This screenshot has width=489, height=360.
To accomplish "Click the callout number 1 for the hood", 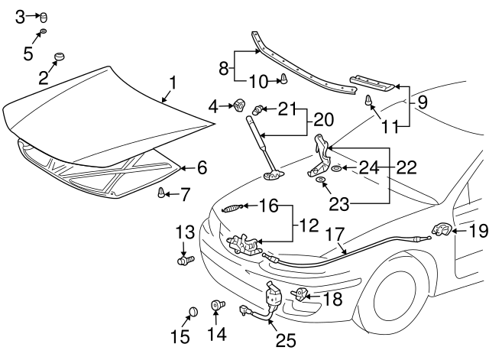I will (172, 82).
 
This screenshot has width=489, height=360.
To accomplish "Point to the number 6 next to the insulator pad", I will (202, 166).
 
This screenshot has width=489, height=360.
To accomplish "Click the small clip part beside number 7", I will (161, 193).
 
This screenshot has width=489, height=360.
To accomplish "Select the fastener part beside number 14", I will (219, 306).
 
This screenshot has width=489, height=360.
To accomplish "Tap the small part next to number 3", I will (44, 16).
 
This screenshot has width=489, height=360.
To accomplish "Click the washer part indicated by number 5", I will (44, 32).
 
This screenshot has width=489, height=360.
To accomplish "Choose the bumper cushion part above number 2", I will (58, 58).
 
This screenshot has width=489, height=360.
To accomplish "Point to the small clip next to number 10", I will (283, 78).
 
